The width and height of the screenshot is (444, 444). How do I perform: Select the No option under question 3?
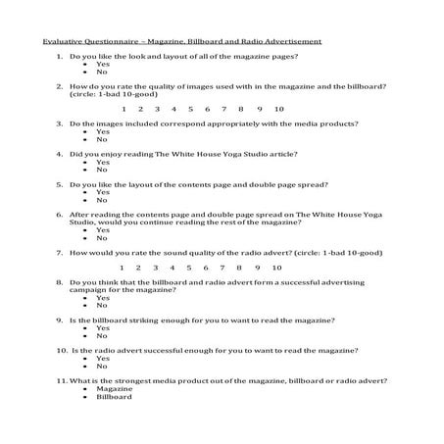coord(101,139)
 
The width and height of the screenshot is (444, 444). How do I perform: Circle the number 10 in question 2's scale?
coord(279,109)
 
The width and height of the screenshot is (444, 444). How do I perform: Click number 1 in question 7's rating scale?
coord(121,268)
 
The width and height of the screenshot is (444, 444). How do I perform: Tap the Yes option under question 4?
coord(102,163)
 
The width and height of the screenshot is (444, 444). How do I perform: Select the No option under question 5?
coord(101,200)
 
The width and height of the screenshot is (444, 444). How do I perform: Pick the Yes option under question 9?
coord(102,328)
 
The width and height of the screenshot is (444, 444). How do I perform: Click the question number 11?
coord(61,380)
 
